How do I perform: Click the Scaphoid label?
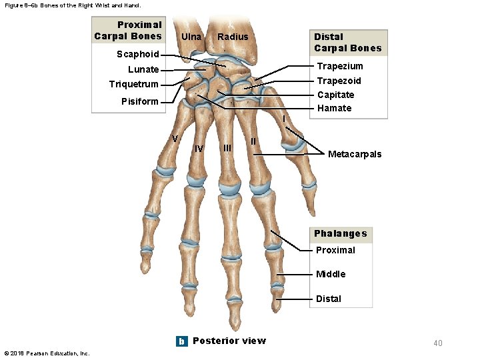point(137,55)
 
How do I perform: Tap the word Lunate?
point(143,69)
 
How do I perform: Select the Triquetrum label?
point(133,84)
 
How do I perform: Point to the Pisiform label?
point(140,102)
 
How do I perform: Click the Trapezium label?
point(340,66)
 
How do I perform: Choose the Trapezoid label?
point(339,81)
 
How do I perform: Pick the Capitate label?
point(336,95)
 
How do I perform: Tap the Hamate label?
point(334,108)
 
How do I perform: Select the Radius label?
point(233,37)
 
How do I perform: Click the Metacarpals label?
point(355,154)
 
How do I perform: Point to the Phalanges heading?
point(341,233)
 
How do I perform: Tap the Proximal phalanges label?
point(335,250)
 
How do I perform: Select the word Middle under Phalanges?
point(331,274)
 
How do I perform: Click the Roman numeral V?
point(175,139)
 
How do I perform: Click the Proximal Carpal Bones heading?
point(129,31)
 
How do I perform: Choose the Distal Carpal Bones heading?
point(347,42)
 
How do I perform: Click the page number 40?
point(437,343)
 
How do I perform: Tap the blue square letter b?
point(181,341)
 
